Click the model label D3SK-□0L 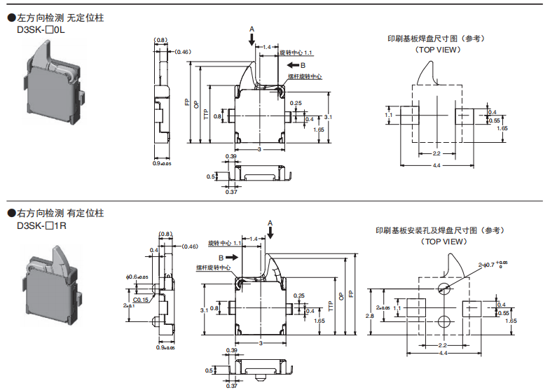(x=42, y=30)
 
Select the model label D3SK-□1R (x=42, y=226)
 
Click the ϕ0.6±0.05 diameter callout (x=137, y=277)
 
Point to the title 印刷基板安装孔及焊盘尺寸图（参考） (x=441, y=230)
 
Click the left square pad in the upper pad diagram (x=410, y=114)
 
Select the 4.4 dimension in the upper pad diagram (x=436, y=165)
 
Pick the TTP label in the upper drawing (x=206, y=115)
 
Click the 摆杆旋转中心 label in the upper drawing (x=305, y=76)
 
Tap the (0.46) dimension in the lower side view (x=189, y=246)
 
